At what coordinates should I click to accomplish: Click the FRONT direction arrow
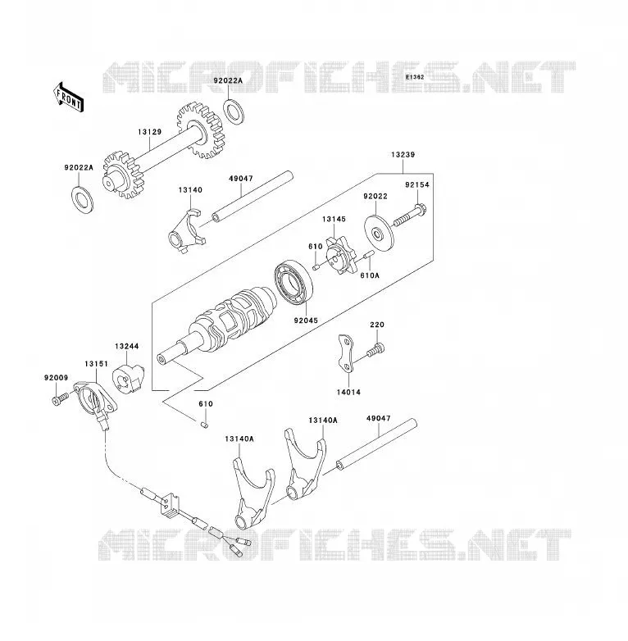pos(69,98)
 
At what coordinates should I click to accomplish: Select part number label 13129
pos(150,132)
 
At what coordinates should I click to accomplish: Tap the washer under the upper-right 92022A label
pos(234,111)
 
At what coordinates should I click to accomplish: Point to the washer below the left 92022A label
pos(82,198)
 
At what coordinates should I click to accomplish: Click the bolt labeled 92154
pos(410,215)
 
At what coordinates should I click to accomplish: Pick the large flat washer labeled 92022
pos(379,232)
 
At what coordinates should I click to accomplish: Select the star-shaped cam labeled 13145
pos(341,257)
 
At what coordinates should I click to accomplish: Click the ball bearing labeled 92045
pos(294,282)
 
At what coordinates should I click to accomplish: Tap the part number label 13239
pos(403,155)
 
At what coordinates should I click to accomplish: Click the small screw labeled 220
pos(375,350)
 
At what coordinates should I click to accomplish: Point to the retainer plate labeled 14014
pos(345,353)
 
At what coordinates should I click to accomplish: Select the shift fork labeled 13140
pos(187,232)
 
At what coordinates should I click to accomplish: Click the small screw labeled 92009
pos(60,398)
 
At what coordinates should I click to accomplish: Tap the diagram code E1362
pos(415,77)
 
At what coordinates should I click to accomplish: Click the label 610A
pos(370,275)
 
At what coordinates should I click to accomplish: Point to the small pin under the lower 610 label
pos(205,425)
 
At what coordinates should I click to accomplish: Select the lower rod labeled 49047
pos(376,445)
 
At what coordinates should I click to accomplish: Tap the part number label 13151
pos(97,364)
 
